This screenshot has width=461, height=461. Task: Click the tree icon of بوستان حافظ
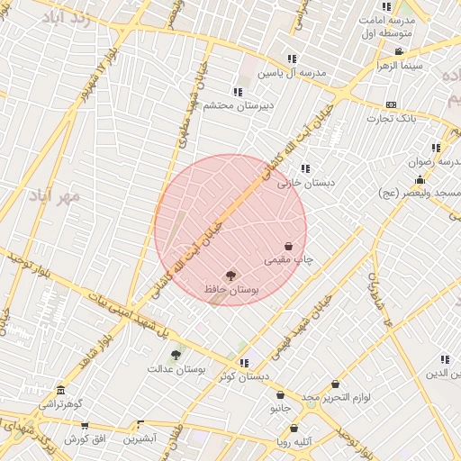230,275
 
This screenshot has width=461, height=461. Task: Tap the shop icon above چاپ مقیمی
288,246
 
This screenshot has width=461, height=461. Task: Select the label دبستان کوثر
246,377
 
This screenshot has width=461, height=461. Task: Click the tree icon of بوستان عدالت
175,355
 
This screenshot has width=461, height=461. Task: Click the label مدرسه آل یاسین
288,73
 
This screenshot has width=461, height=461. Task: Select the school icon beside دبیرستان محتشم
238,92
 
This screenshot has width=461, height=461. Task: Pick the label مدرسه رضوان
432,162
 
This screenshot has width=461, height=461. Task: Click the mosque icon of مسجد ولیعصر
420,179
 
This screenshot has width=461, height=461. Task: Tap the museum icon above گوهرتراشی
60,391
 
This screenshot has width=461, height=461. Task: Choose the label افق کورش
86,438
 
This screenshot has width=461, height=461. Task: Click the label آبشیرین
140,438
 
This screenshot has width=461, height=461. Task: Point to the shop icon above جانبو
281,394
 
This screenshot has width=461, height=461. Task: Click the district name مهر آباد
55,195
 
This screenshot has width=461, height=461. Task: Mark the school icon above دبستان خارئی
306,167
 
